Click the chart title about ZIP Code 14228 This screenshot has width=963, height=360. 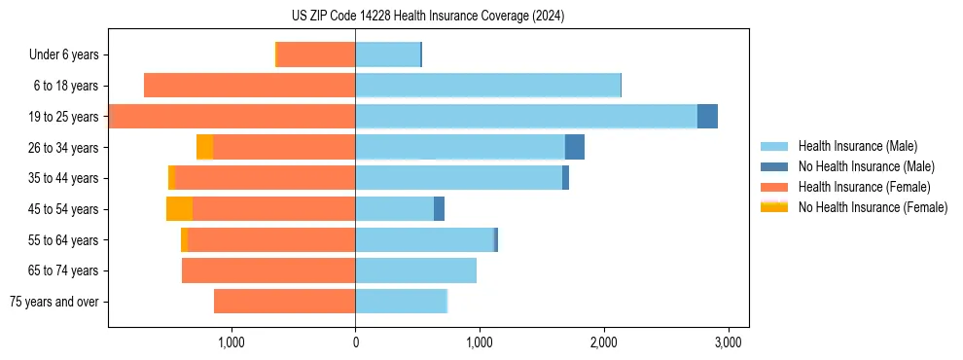[x=427, y=17]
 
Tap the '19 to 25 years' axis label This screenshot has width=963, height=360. [x=65, y=117]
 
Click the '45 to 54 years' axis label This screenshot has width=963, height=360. [x=65, y=209]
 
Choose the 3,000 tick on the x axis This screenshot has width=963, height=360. [x=729, y=342]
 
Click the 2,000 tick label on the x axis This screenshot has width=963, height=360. [x=604, y=342]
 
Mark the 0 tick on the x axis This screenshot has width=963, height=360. [x=355, y=342]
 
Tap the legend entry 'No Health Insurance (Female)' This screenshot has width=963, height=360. [x=873, y=207]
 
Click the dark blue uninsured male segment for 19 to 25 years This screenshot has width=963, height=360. [x=707, y=117]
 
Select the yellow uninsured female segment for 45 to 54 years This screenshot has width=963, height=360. [x=179, y=209]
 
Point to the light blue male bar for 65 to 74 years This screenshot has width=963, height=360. [x=415, y=270]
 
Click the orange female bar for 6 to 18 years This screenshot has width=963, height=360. [x=249, y=86]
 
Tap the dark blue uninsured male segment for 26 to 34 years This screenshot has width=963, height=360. [x=574, y=147]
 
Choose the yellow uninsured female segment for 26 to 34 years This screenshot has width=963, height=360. [x=204, y=147]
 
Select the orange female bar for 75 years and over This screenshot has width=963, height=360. [x=284, y=302]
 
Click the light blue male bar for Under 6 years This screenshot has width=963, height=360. [x=387, y=54]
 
